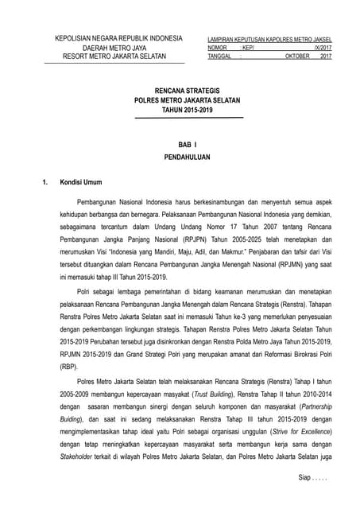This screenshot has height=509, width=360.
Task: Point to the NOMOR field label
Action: (x=218, y=48)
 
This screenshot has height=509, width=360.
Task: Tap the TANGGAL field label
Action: (x=220, y=56)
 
